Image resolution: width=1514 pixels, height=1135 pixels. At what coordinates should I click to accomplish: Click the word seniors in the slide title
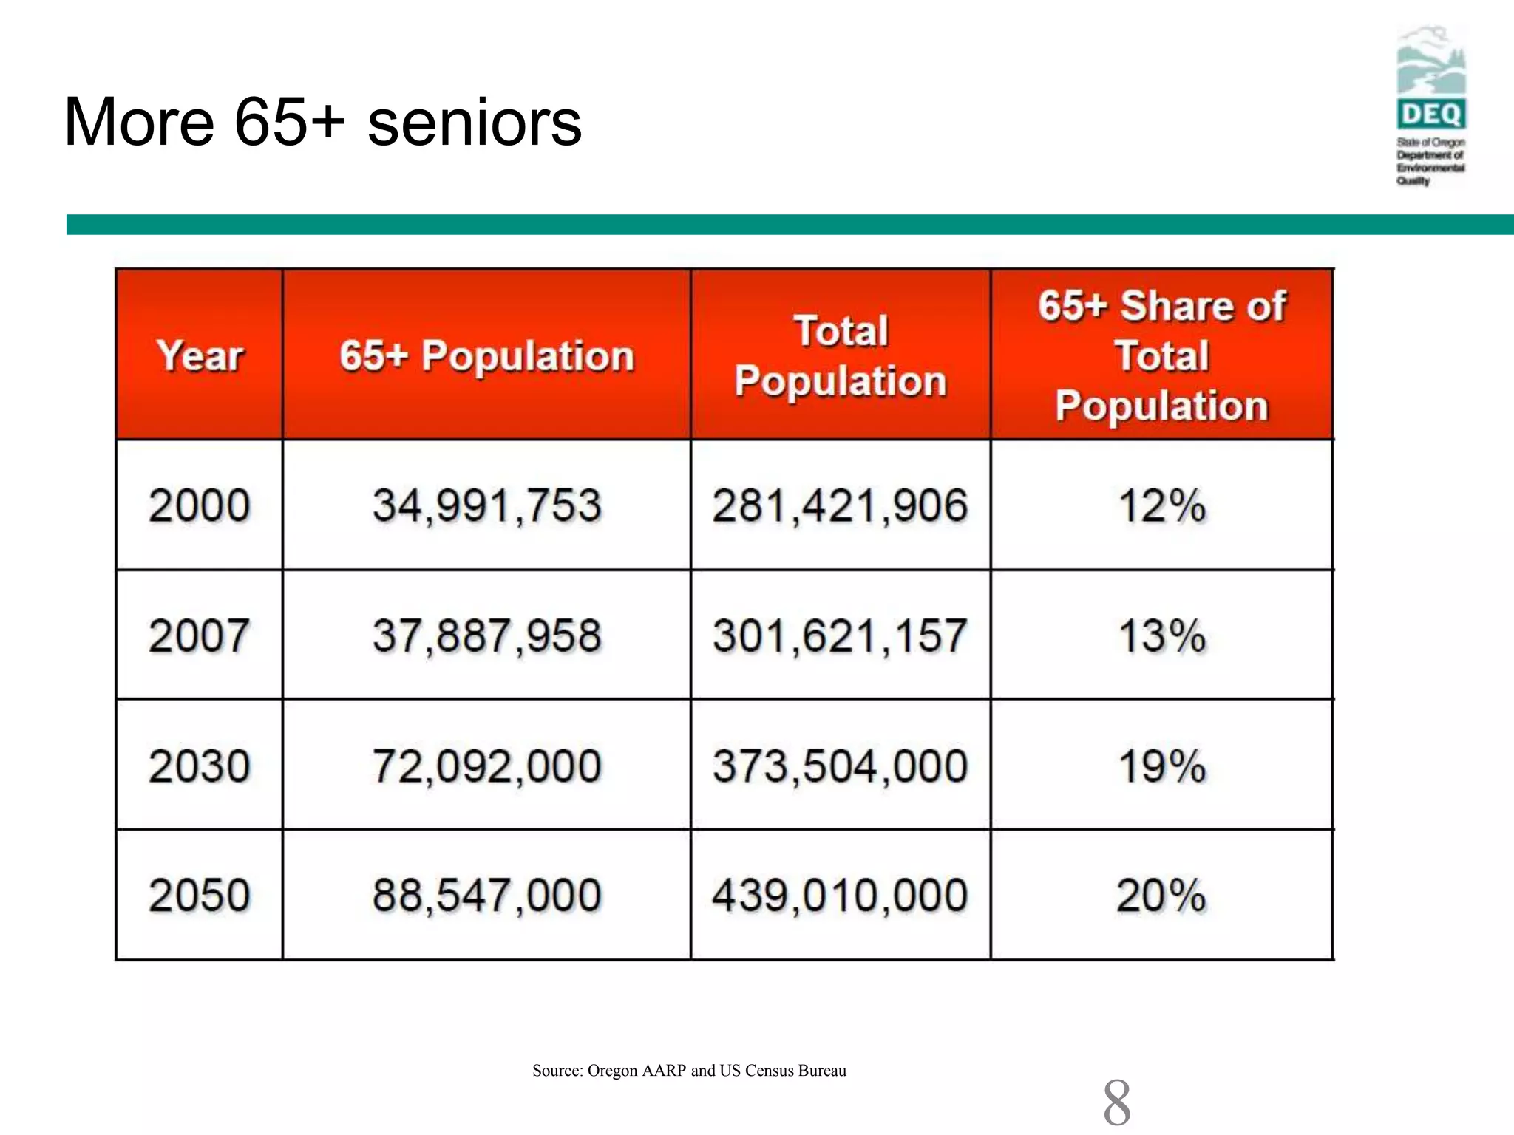click(474, 123)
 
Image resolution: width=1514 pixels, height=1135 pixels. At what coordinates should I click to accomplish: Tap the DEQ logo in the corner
click(1431, 105)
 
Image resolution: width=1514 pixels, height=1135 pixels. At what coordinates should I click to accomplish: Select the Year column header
click(200, 355)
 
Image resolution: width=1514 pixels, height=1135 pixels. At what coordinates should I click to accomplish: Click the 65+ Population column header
click(486, 355)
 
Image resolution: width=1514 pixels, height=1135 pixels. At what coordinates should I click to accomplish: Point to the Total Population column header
click(841, 355)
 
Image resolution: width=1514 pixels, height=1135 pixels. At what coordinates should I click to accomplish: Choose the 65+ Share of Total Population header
click(1161, 355)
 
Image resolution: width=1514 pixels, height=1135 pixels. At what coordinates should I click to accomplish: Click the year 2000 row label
click(200, 506)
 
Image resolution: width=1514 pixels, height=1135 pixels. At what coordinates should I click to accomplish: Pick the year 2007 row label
click(200, 635)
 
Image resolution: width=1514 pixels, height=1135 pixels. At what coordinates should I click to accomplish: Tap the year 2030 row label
click(200, 766)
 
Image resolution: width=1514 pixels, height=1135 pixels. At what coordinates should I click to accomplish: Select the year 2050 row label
click(200, 896)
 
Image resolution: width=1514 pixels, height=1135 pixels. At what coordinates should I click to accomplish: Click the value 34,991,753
click(486, 506)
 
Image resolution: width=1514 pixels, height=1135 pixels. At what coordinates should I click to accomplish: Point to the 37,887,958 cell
click(486, 635)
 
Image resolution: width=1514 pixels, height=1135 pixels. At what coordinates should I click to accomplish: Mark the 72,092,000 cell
click(486, 766)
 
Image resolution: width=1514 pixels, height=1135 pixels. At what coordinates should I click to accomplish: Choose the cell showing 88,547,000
click(486, 896)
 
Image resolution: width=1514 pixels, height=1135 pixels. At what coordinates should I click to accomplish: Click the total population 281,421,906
click(840, 506)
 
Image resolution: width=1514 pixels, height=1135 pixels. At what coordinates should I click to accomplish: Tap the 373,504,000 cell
click(840, 766)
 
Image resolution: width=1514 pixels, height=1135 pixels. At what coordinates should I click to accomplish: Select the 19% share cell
click(1161, 766)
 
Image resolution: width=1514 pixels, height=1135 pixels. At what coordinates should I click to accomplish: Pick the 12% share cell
click(1161, 506)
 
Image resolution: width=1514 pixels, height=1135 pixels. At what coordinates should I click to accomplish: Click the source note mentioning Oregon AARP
click(689, 1071)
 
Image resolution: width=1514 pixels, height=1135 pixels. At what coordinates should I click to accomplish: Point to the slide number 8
click(1116, 1102)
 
